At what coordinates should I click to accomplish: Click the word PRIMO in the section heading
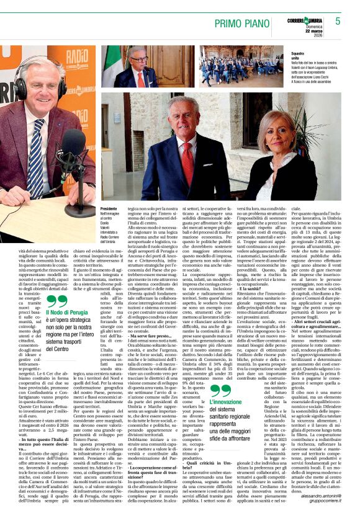point(230,24)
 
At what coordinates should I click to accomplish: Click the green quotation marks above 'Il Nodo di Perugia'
point(56,301)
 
